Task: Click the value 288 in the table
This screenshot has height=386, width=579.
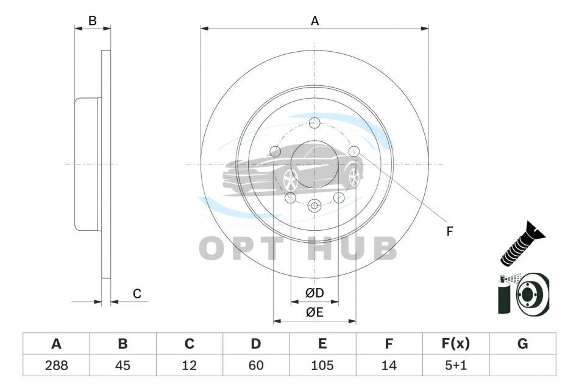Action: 57,365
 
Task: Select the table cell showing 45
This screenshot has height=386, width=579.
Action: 123,365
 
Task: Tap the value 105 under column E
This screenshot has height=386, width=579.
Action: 322,365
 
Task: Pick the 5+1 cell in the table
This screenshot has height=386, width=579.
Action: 456,365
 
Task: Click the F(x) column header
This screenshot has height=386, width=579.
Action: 456,343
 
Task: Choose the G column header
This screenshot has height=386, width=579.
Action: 522,343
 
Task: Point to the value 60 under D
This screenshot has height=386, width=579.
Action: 256,365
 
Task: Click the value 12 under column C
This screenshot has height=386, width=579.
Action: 189,365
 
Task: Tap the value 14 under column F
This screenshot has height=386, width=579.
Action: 389,365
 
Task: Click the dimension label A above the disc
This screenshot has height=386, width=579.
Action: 314,21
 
